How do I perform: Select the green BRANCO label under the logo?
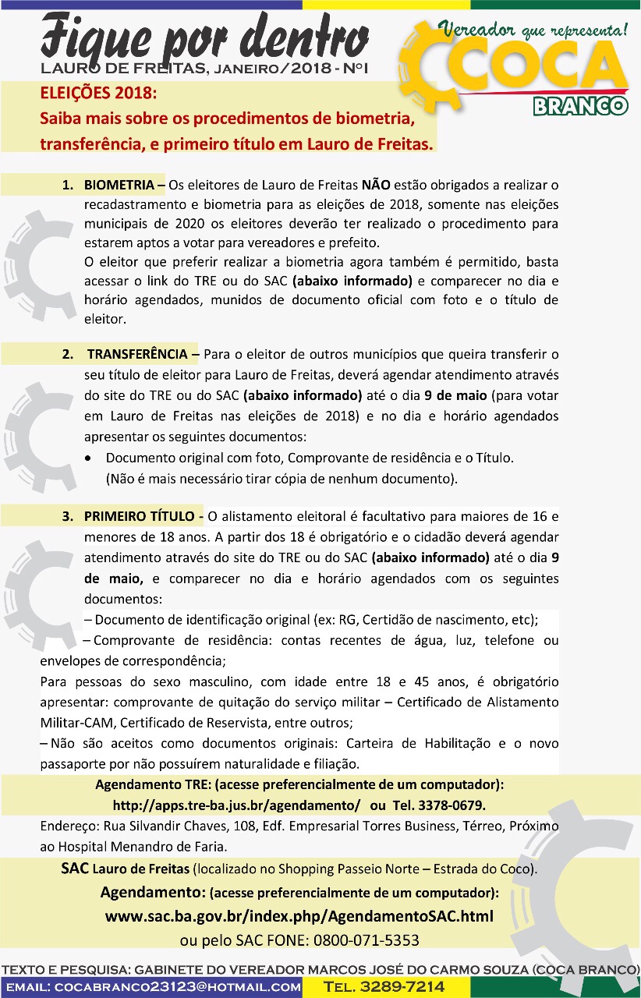click(x=580, y=105)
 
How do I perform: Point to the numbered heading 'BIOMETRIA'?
click(x=119, y=186)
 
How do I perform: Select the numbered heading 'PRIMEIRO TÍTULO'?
click(x=140, y=516)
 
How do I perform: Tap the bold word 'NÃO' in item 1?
click(x=376, y=186)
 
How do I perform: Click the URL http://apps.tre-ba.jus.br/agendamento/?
click(x=237, y=804)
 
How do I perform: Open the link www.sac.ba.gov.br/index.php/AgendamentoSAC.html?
click(x=299, y=916)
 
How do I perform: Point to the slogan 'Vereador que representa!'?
click(x=533, y=31)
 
